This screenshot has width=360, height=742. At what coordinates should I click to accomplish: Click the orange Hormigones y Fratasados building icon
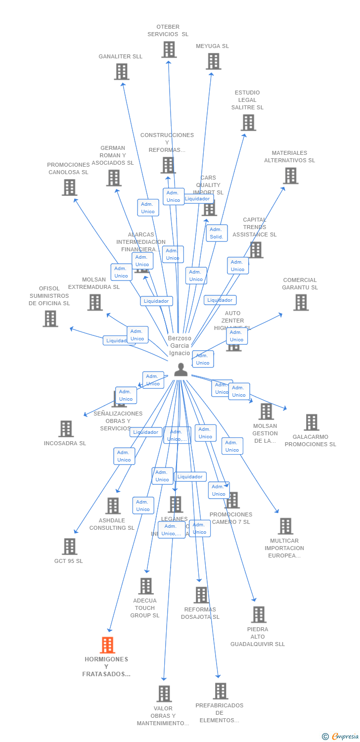[107, 645]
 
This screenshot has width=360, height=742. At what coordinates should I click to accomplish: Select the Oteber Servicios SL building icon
[169, 49]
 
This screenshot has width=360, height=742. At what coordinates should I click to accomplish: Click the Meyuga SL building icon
[213, 61]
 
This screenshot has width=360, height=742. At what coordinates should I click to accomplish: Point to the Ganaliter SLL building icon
[121, 72]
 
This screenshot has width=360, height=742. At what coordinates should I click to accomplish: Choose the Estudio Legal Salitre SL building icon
[248, 123]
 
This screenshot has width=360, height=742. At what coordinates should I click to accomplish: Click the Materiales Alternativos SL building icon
[290, 176]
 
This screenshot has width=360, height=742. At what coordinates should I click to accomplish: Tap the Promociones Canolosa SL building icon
[69, 187]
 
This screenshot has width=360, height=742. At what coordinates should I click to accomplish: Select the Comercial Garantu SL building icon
[301, 302]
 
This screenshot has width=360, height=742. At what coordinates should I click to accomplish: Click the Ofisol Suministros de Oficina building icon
[50, 319]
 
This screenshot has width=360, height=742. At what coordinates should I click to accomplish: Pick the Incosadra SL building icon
[66, 429]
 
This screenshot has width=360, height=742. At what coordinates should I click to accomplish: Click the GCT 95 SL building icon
[69, 547]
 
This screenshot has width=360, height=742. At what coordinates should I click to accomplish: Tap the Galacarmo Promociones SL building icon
[311, 422]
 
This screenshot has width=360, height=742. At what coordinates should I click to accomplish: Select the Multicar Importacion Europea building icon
[285, 526]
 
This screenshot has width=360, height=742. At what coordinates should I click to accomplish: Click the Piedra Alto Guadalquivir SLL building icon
[258, 615]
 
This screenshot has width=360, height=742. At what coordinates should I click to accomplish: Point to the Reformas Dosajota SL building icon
[201, 595]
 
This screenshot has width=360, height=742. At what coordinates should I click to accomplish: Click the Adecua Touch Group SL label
[145, 608]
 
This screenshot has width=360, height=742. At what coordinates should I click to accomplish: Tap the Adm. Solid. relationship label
[217, 233]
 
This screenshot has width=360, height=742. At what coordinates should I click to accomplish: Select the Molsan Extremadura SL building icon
[95, 302]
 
